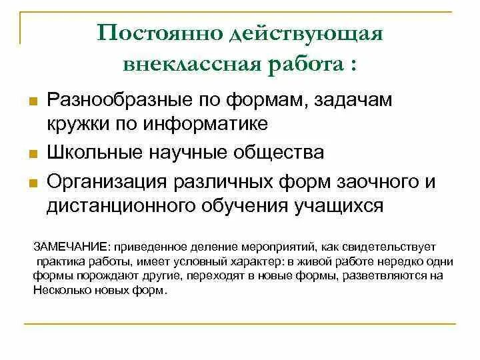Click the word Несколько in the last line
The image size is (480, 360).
(x=59, y=291)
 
